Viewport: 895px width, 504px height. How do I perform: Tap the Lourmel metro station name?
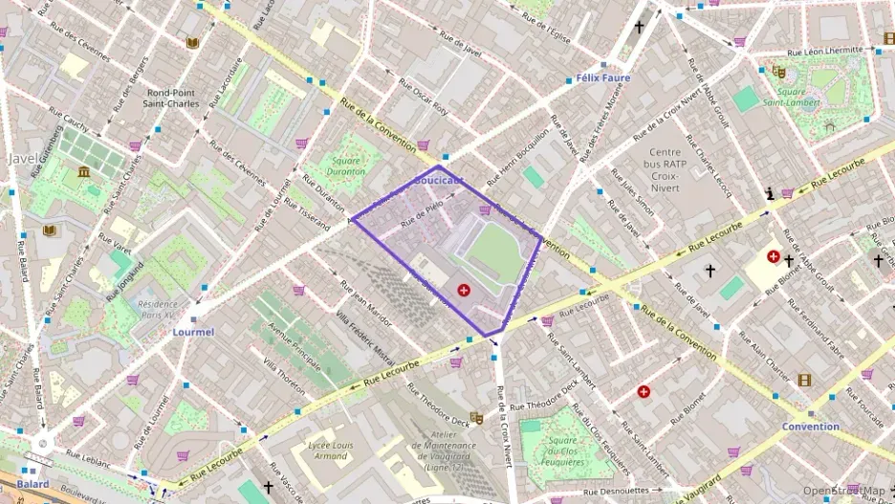click(192, 332)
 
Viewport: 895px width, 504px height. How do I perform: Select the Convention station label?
click(810, 427)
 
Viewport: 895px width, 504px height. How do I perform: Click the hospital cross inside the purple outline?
click(464, 289)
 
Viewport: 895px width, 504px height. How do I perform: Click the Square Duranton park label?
click(346, 166)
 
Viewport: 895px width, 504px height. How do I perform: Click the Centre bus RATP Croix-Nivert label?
click(665, 164)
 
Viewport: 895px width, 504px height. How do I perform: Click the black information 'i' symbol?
click(771, 194)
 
